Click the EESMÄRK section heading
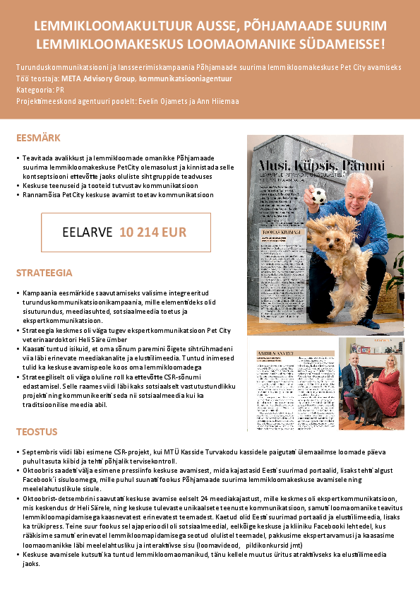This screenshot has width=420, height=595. click(38, 138)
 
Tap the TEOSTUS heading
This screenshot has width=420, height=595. click(37, 432)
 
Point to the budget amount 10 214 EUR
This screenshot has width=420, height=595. click(153, 232)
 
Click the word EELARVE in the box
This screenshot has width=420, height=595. click(88, 232)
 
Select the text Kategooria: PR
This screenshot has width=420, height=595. click(40, 90)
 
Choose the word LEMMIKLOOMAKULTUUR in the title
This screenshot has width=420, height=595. click(102, 26)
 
